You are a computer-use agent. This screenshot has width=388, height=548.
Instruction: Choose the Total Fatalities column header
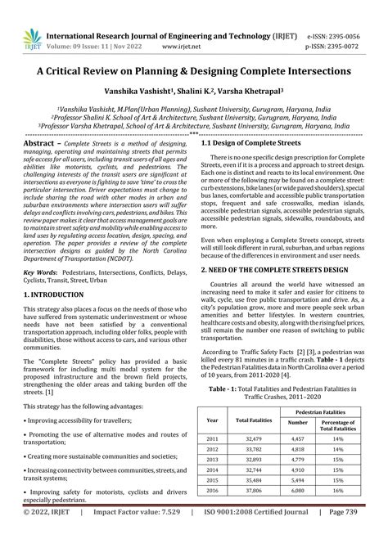click(253, 420)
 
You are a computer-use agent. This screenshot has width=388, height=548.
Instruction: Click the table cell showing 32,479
click(253, 438)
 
